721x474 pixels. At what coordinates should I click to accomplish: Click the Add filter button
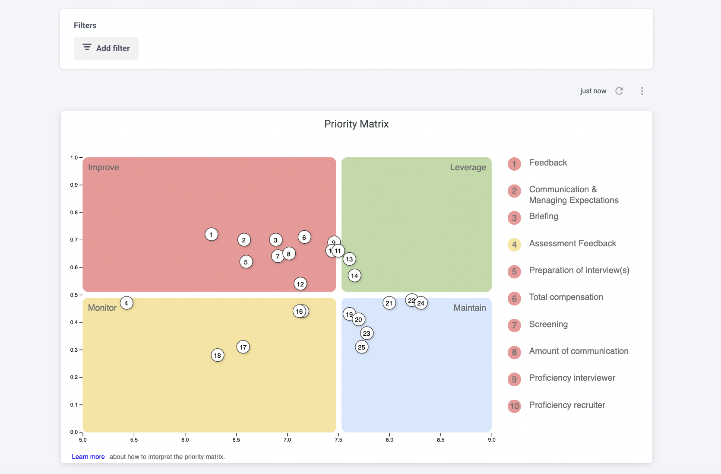pos(106,48)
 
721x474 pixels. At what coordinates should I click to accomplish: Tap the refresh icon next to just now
pos(619,91)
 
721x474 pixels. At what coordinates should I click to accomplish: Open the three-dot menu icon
pos(642,91)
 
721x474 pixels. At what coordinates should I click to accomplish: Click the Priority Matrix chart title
pos(356,124)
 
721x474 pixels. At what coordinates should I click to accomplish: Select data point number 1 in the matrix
pos(211,234)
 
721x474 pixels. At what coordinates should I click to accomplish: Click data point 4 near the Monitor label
pos(126,303)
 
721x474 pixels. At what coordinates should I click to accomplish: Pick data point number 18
pos(218,355)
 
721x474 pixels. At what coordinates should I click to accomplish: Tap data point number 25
pos(362,347)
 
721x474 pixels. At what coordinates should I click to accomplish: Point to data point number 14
pos(354,276)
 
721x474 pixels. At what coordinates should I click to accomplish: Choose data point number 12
pos(300,284)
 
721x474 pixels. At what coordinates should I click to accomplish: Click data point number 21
pos(389,303)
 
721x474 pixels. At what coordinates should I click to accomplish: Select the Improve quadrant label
pos(104,167)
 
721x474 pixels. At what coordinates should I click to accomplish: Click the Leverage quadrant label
pos(468,167)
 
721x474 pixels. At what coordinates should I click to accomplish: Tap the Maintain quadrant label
pos(469,308)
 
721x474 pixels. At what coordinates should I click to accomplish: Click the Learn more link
pos(88,457)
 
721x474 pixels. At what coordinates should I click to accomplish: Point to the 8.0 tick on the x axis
pos(389,439)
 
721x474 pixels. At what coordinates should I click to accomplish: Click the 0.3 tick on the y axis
pos(74,350)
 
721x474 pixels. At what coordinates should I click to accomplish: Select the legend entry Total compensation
pos(566,297)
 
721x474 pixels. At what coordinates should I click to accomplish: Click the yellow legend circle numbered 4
pos(514,245)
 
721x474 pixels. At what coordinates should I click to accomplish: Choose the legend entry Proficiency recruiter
pos(567,405)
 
